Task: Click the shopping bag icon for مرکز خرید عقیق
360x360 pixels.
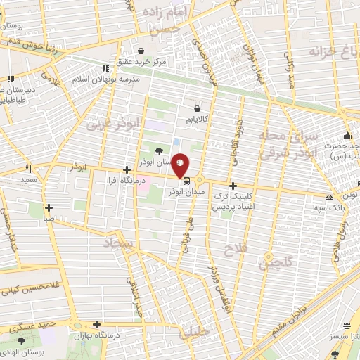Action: (141, 51)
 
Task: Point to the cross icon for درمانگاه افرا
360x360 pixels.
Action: (126, 169)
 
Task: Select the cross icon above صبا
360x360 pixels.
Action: (49, 207)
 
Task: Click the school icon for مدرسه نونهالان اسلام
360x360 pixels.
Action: (104, 68)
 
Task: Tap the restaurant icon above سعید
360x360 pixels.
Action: (29, 169)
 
